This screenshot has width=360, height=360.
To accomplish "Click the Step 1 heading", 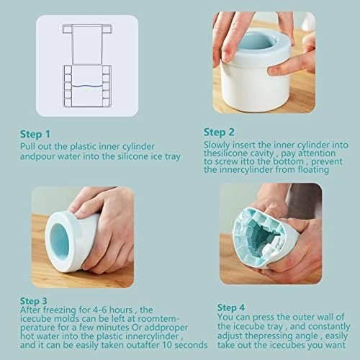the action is click(x=35, y=134).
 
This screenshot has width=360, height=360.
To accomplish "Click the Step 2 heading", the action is click(x=219, y=132).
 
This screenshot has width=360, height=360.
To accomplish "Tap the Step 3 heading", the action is click(x=34, y=301).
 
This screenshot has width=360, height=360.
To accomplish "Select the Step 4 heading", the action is click(x=231, y=307).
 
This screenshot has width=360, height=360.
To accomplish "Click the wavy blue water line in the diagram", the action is click(x=87, y=86).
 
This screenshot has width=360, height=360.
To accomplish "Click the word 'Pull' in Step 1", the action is click(x=27, y=146).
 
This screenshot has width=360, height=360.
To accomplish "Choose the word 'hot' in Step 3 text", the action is click(x=27, y=336).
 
